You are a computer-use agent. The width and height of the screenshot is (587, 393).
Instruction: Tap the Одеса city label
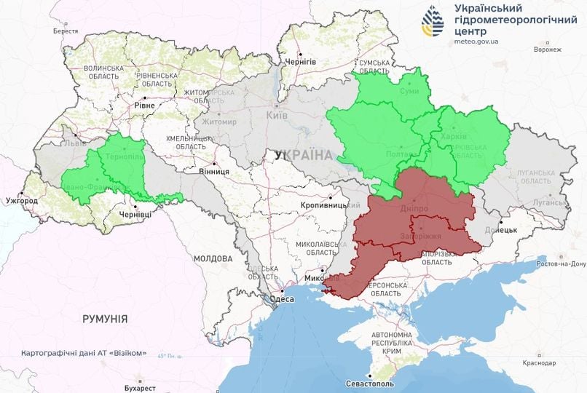point(281,299)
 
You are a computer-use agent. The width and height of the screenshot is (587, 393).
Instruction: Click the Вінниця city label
point(214,171)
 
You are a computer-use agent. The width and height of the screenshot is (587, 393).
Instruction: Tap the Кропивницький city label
point(325,206)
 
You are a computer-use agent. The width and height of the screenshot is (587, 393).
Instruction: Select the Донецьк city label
point(501,229)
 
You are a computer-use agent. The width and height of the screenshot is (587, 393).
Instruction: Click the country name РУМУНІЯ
point(105,319)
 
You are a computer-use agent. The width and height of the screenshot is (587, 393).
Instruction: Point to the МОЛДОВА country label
point(213,258)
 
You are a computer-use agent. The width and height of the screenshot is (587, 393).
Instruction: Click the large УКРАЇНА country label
point(303,155)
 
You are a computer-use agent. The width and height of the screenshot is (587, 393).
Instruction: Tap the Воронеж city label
point(547,49)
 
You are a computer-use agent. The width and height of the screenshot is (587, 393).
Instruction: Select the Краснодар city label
point(540,362)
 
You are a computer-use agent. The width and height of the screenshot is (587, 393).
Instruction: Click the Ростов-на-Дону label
point(561,265)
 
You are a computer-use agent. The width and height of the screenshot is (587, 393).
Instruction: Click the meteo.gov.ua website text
point(477,42)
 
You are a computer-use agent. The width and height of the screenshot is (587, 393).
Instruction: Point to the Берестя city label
point(66,31)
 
